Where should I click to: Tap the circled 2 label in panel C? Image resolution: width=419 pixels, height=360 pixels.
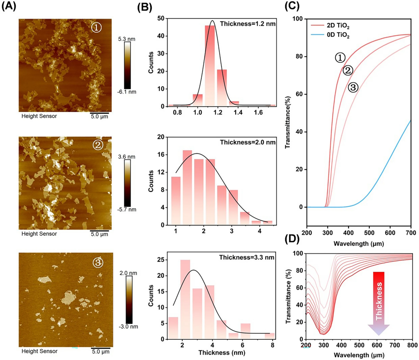(347, 70)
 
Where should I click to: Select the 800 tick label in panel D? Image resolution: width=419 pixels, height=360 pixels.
(412, 344)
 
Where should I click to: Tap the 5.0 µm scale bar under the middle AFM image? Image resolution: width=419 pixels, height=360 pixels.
(100, 234)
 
